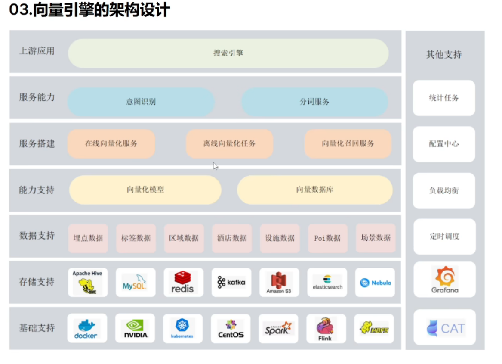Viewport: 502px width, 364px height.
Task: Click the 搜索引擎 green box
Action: tap(228, 53)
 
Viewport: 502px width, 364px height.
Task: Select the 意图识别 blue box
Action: tap(141, 102)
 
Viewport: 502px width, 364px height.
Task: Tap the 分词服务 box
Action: tap(314, 102)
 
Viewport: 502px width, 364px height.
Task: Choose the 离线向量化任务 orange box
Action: tap(229, 143)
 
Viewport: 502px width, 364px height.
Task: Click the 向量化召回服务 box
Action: tap(348, 143)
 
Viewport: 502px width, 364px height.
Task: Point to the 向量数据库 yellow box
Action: tap(314, 190)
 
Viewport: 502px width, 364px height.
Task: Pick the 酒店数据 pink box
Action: tap(231, 238)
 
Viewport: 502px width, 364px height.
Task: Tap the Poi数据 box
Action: tap(327, 238)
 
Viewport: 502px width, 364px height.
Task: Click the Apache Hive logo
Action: tap(88, 283)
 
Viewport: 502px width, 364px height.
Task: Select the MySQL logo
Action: tap(135, 283)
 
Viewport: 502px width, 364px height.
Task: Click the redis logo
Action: tap(183, 283)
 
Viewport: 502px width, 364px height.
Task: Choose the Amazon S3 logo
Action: tap(279, 283)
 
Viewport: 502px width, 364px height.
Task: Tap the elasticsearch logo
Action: tap(327, 283)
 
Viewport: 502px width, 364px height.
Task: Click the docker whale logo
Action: tap(86, 329)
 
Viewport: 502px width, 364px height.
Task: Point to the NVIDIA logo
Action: tap(136, 329)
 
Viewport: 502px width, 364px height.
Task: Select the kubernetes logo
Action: tap(182, 329)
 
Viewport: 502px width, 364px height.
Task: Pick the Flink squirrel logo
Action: tap(325, 329)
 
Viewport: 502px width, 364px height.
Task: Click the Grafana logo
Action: tap(445, 280)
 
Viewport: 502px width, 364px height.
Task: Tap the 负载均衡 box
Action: tap(444, 190)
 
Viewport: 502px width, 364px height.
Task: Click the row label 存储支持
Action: tap(37, 282)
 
